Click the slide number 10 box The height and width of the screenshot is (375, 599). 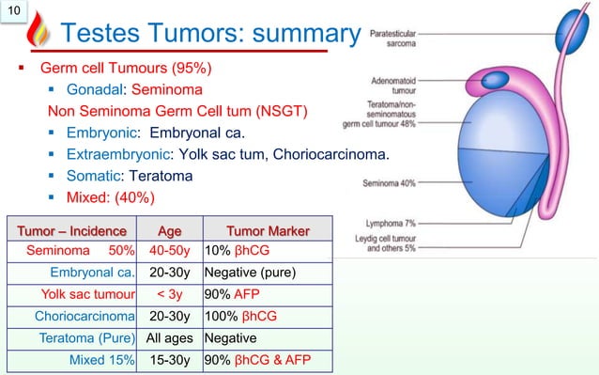click(x=15, y=12)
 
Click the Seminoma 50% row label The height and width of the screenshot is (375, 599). click(x=79, y=252)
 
